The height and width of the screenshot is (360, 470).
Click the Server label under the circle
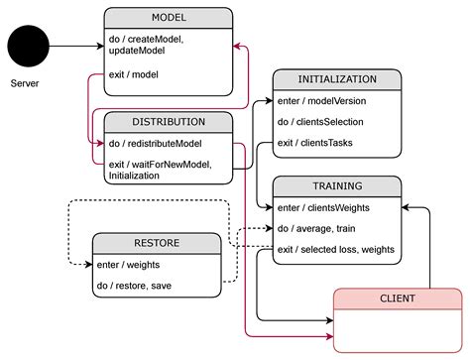26,83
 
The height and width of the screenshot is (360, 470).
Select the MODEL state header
169,18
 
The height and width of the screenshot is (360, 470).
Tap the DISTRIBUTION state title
169,122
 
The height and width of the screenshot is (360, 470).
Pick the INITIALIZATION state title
337,79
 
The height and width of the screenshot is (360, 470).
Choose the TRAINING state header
337,184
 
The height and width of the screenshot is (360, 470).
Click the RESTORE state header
157,242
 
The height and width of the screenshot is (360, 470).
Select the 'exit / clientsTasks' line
316,143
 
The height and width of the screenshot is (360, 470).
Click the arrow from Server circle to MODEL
79,46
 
